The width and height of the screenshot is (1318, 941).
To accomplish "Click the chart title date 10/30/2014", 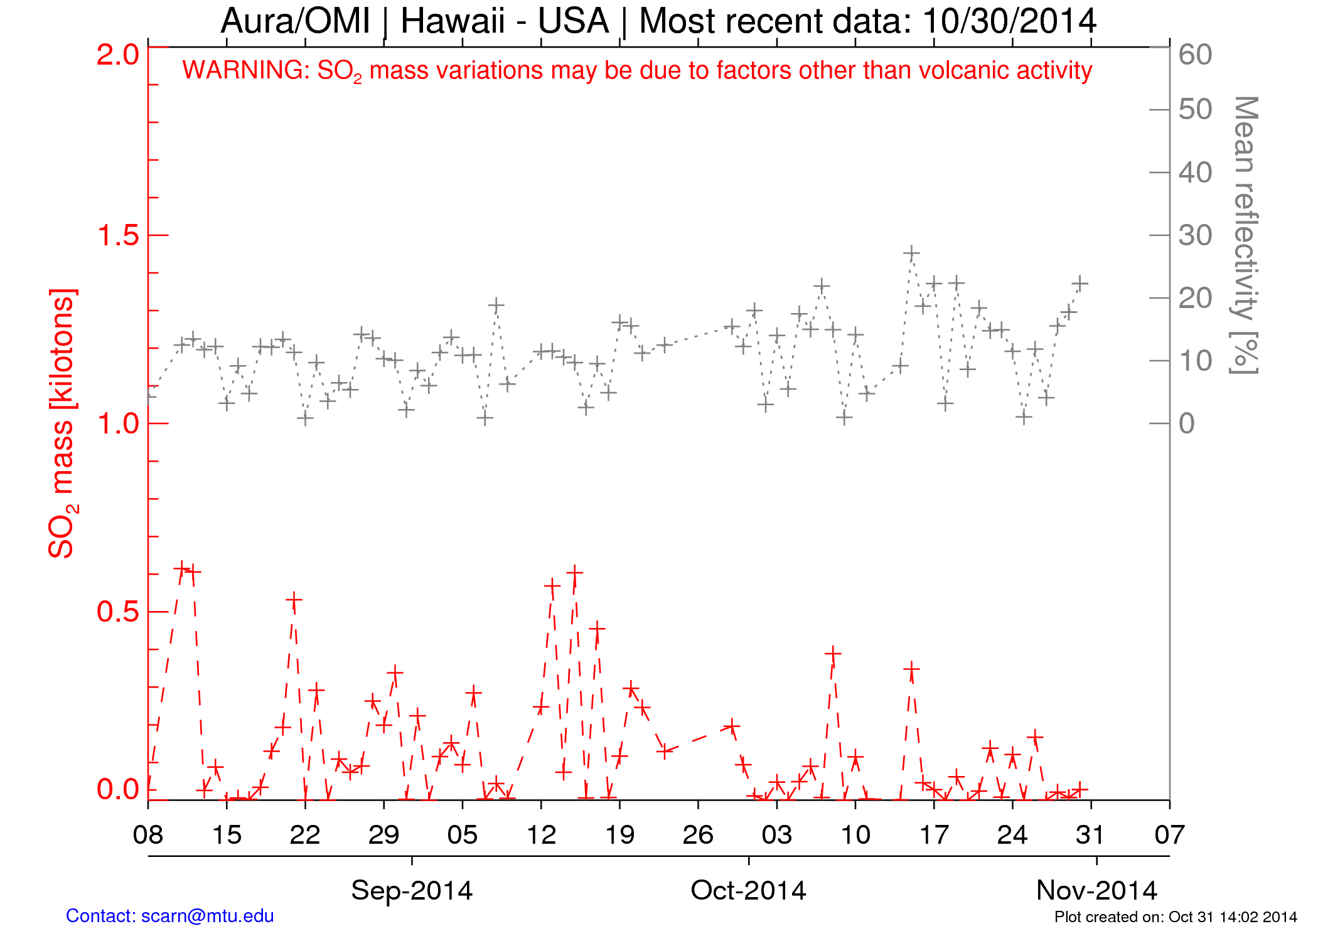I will pos(1010,21).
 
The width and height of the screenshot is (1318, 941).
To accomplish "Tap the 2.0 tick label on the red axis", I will pos(118,55).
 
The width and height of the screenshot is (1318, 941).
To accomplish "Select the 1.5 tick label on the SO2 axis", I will pos(118,235).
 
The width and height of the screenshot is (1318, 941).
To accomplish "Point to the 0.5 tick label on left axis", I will pos(118,612).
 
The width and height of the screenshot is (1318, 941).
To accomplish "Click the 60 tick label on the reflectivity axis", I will pos(1195,55).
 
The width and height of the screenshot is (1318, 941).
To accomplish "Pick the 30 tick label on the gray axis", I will pos(1195,235).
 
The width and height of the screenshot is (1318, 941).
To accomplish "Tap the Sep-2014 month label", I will pos(412,890).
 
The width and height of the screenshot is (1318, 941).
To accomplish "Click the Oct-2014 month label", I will pos(748,890).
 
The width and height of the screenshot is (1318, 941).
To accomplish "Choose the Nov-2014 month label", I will pos(1096,890).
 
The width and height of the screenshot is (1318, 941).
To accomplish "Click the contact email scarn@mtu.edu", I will pos(208,916).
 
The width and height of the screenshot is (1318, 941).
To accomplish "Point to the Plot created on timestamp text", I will pos(1175,917).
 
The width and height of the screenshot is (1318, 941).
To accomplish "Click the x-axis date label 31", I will pos(1091,835).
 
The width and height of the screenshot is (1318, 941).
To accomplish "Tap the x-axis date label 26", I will pos(698,835).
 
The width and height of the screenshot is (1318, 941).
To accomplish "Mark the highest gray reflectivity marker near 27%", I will pos(911,253).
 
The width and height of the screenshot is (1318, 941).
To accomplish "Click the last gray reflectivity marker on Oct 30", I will pos(1080,284).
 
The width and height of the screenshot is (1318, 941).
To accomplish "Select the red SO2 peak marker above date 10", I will pos(833,654).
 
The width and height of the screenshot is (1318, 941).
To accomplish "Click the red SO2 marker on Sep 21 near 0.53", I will pos(294,601).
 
